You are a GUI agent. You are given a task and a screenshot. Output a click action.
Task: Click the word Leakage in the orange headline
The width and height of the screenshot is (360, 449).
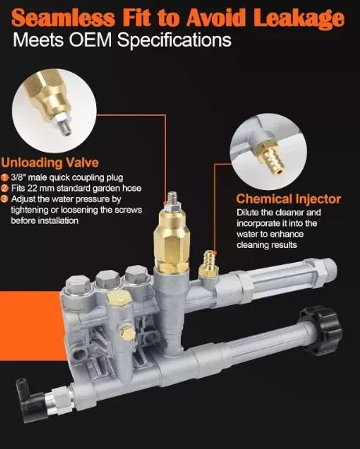[299, 18]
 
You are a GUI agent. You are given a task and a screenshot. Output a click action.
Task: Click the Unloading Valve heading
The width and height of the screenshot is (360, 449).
[50, 163]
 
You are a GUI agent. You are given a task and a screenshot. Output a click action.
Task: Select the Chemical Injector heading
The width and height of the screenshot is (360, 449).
[289, 199]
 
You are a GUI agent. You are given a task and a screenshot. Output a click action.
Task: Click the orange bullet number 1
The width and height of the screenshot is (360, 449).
[5, 178]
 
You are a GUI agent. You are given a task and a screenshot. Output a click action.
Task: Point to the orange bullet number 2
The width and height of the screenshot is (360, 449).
[5, 189]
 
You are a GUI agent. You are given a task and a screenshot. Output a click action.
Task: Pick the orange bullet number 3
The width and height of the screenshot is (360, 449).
[5, 199]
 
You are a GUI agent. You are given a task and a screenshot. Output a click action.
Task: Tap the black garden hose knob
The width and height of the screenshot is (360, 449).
[321, 326]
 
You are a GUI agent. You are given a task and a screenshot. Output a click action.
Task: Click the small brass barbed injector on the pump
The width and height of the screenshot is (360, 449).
[208, 264]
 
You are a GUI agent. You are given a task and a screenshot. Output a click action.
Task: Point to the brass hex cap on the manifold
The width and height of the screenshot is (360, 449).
[119, 300]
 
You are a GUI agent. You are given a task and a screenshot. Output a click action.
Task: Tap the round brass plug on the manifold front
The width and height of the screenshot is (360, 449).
[127, 332]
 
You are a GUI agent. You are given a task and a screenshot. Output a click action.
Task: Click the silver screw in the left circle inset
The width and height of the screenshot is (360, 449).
[64, 123]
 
